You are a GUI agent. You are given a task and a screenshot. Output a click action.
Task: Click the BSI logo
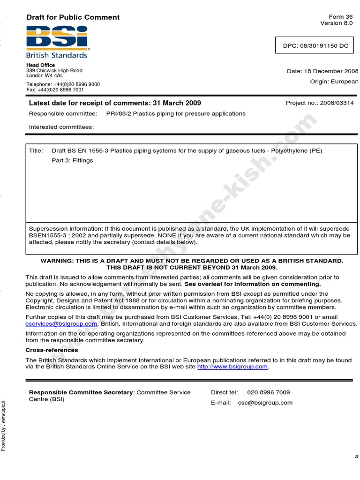pyautogui.click(x=57, y=41)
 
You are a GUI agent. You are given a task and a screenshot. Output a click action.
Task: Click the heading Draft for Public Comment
pyautogui.click(x=73, y=17)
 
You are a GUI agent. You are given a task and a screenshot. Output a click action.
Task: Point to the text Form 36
pyautogui.click(x=342, y=16)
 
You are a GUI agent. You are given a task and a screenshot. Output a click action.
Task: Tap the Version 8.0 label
pyautogui.click(x=337, y=23)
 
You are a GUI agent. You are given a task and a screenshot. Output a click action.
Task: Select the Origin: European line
pyautogui.click(x=334, y=82)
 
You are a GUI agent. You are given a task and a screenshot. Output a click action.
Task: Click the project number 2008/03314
pyautogui.click(x=337, y=103)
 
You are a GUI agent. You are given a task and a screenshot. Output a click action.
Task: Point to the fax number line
pyautogui.click(x=55, y=90)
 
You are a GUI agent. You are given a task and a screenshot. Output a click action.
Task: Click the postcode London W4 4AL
pyautogui.click(x=45, y=75)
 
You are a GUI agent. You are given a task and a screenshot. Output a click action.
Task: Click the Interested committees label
pyautogui.click(x=61, y=127)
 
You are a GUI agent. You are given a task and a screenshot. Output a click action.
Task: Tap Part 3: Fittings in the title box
pyautogui.click(x=72, y=161)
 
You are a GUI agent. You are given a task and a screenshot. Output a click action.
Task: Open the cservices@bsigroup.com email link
pyautogui.click(x=61, y=324)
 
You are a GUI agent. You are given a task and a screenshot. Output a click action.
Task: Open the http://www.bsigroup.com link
pyautogui.click(x=232, y=367)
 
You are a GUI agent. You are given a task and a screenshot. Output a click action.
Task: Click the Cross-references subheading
pyautogui.click(x=52, y=350)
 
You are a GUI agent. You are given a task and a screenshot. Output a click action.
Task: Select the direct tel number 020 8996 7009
pyautogui.click(x=268, y=392)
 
